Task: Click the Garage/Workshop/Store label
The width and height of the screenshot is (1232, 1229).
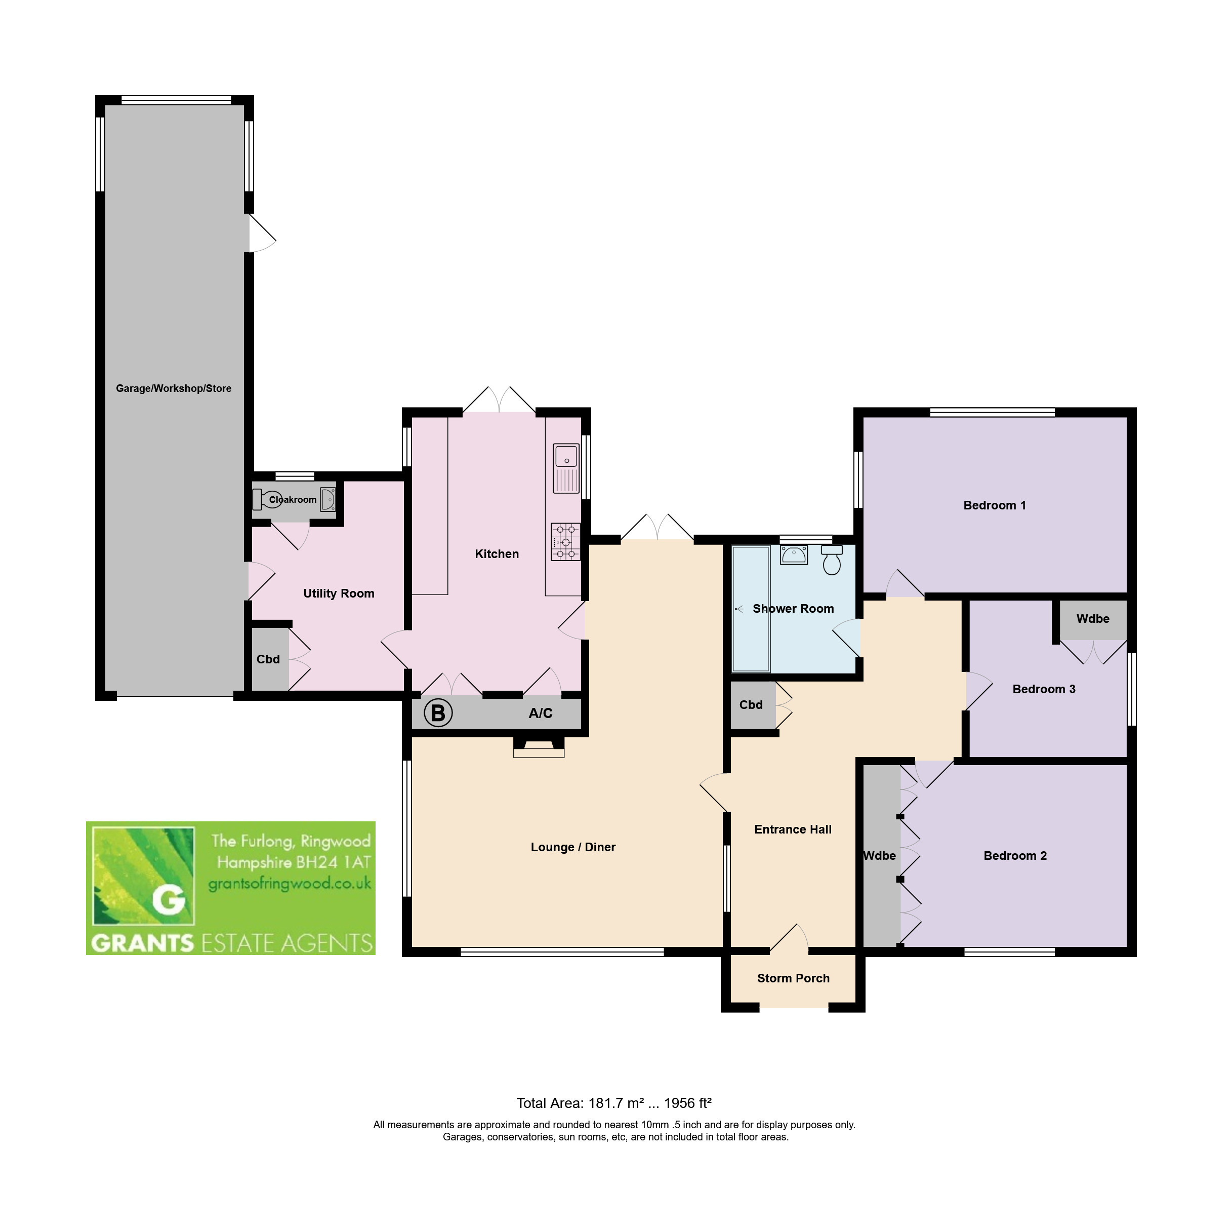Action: click(x=174, y=388)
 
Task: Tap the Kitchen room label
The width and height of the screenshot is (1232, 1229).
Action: click(x=497, y=554)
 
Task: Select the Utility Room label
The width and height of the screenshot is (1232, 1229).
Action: click(x=339, y=593)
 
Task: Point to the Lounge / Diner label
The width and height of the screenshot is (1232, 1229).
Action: click(x=573, y=847)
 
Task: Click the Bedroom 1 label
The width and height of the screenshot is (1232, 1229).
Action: click(x=995, y=505)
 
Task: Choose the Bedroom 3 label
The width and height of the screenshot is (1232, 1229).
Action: click(x=1044, y=689)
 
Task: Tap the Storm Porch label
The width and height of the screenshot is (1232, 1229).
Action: click(x=793, y=978)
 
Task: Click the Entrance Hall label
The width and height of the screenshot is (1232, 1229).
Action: click(x=793, y=829)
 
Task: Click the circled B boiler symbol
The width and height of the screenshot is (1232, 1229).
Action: click(x=438, y=713)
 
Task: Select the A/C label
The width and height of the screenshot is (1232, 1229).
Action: click(x=541, y=713)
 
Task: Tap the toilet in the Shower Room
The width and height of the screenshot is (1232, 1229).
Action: click(x=832, y=559)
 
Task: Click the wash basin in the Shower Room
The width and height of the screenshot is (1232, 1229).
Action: click(x=794, y=554)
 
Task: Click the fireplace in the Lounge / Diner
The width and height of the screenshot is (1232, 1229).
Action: click(x=539, y=747)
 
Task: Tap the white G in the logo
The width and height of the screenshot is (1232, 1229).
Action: click(x=169, y=900)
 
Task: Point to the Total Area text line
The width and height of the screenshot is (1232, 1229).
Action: click(x=613, y=1103)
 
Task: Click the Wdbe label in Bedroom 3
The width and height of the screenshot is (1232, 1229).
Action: click(x=1093, y=619)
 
